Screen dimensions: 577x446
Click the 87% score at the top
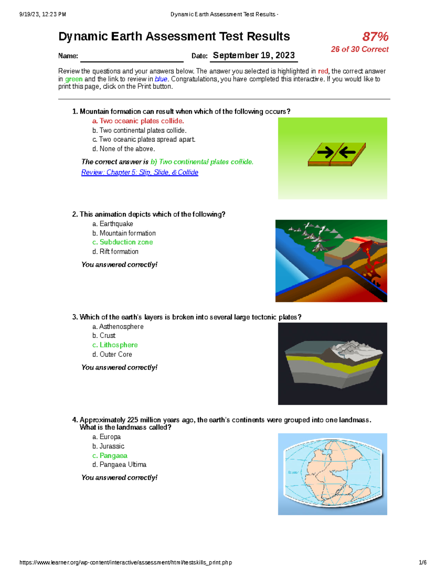[x=375, y=37]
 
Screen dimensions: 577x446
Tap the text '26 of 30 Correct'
[x=359, y=49]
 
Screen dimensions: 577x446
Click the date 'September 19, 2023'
[x=253, y=56]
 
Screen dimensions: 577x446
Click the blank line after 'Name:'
[x=132, y=58]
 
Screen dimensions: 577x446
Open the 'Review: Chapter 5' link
[x=140, y=172]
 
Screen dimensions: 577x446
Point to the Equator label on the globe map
[x=293, y=472]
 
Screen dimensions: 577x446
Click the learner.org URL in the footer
[x=126, y=563]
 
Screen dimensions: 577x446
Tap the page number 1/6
[x=423, y=563]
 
